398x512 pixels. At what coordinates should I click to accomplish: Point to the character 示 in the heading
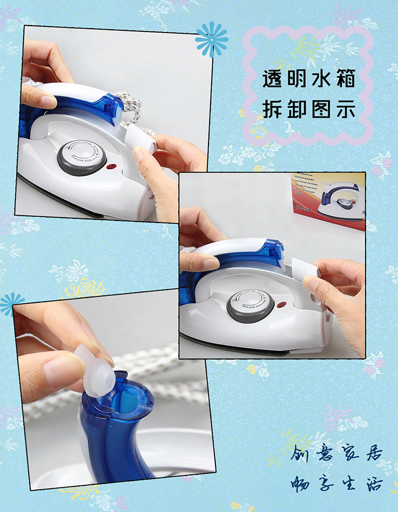(x=344, y=109)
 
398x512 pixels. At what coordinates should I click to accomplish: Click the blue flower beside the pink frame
(x=211, y=39)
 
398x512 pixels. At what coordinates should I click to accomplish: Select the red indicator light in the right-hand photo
(x=282, y=305)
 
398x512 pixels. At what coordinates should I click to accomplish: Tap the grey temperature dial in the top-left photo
(x=82, y=158)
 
